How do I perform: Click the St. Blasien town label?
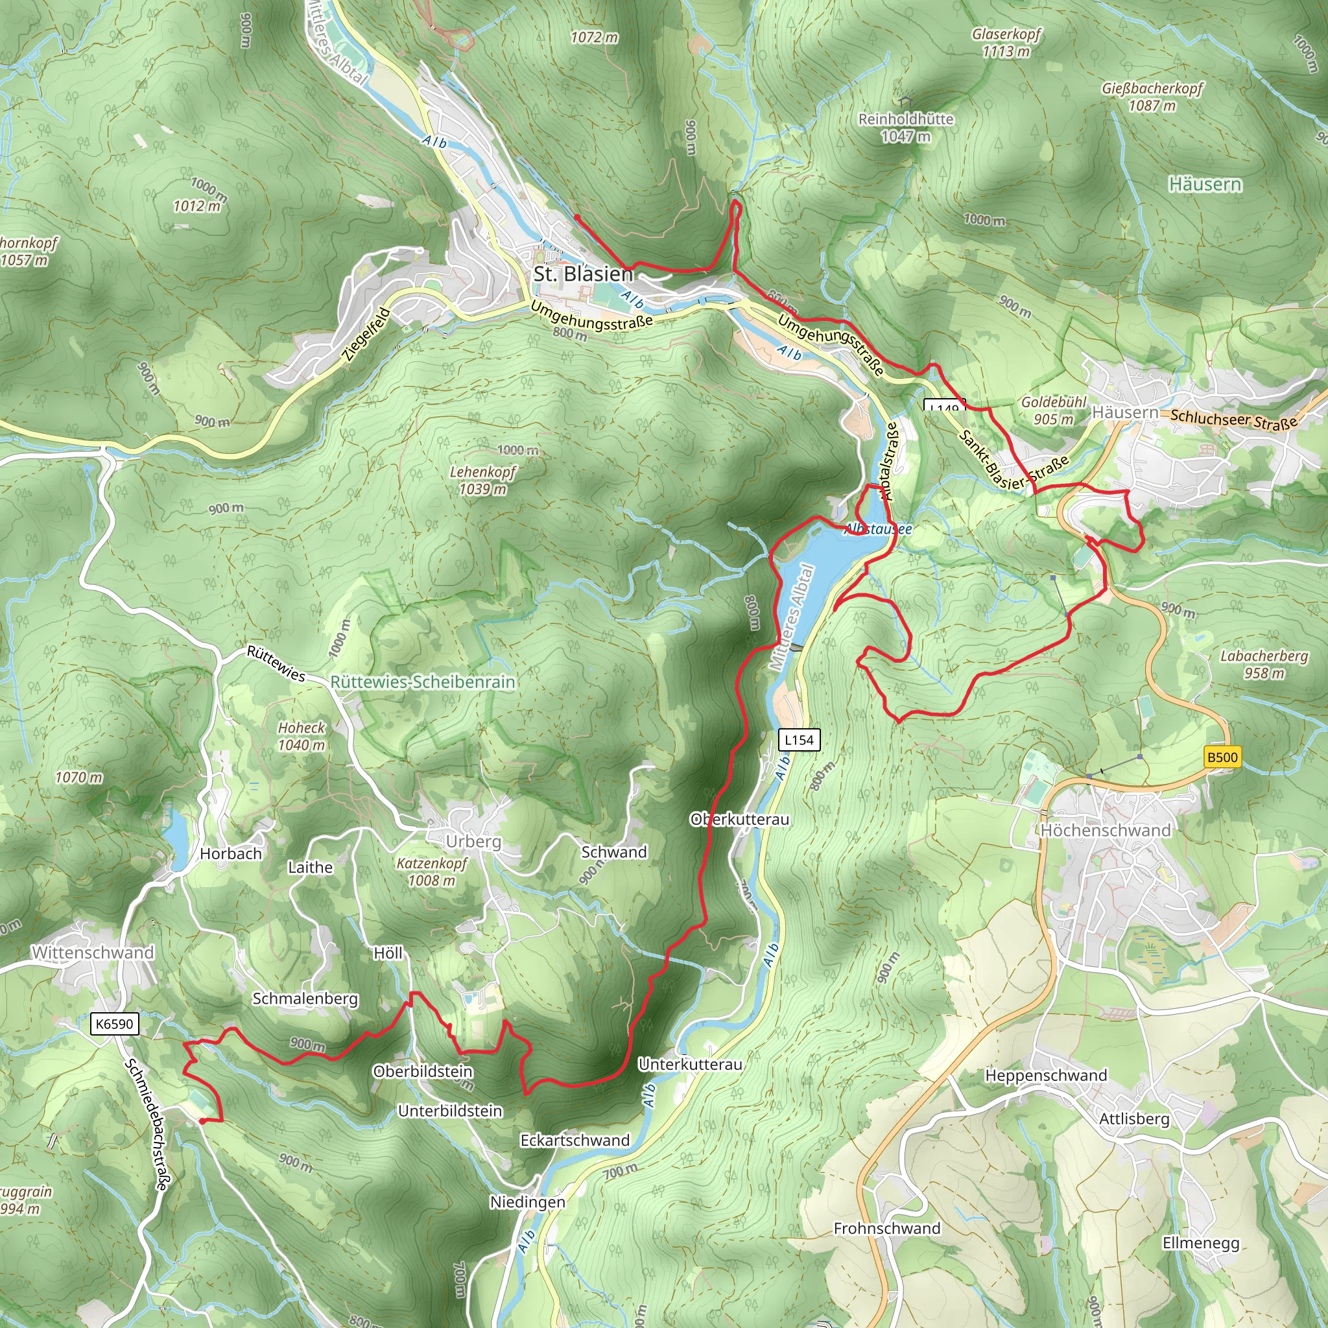pos(583,274)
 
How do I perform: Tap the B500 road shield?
pos(1222,757)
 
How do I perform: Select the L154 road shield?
pos(799,741)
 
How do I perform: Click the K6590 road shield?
pos(114,1024)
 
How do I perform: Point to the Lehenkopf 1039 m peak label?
pos(482,480)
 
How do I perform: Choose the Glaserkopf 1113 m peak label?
pos(1006,43)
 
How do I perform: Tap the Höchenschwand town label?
pos(1106,831)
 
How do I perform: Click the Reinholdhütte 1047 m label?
pos(906,127)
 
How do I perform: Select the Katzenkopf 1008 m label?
pos(432,871)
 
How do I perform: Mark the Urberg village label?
pos(473,841)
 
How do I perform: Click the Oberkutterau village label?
pos(740,820)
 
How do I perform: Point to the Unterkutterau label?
pos(690,1064)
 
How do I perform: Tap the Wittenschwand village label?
pos(93,953)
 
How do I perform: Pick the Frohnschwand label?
pos(886,1228)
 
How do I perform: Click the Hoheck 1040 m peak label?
pos(301,736)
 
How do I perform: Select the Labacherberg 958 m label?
pos(1264,664)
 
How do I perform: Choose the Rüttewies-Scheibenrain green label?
pos(423,682)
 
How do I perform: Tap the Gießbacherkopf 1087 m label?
pos(1152,97)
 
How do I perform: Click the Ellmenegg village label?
pos(1201,1243)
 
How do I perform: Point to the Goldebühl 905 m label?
pos(1053,410)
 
